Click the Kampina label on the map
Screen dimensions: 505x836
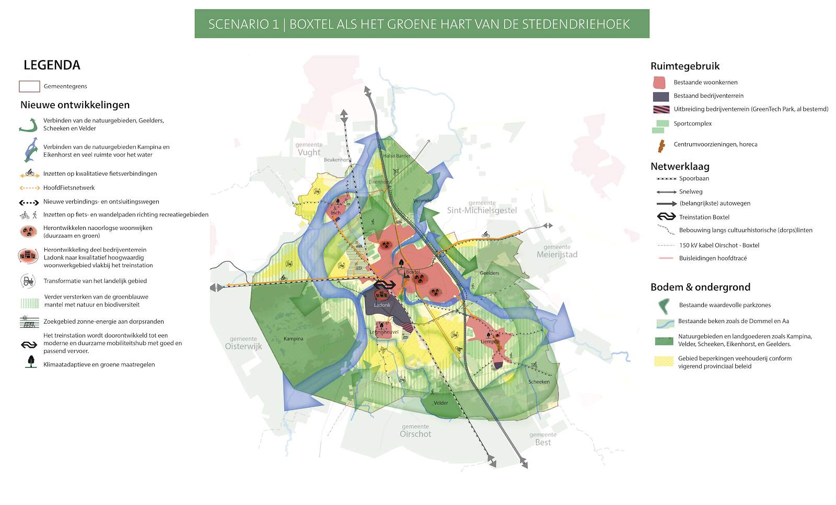[x=293, y=339]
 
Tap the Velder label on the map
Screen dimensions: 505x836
[x=440, y=403]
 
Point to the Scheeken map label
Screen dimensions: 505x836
[x=539, y=382]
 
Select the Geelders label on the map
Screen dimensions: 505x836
[x=489, y=273]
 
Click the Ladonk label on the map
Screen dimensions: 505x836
[x=382, y=305]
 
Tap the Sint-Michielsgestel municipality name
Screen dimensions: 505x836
[x=482, y=210]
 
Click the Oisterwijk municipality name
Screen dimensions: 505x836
[x=243, y=346]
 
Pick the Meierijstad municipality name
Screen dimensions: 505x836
[x=557, y=255]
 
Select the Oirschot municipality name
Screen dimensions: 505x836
[x=415, y=434]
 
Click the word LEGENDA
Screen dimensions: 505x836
[x=52, y=65]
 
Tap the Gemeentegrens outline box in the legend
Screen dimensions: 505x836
[x=29, y=86]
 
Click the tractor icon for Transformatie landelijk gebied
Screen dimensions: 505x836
[x=28, y=281]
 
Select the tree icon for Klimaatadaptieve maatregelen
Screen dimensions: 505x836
[x=31, y=362]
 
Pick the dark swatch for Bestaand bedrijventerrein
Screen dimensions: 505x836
[x=660, y=96]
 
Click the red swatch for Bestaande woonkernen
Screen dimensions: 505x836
[x=659, y=83]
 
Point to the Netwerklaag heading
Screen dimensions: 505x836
[x=680, y=167]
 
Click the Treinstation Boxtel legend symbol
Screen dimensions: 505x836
[x=666, y=217]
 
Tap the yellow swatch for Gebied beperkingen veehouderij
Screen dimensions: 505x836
[x=664, y=361]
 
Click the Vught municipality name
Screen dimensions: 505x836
[x=309, y=152]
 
